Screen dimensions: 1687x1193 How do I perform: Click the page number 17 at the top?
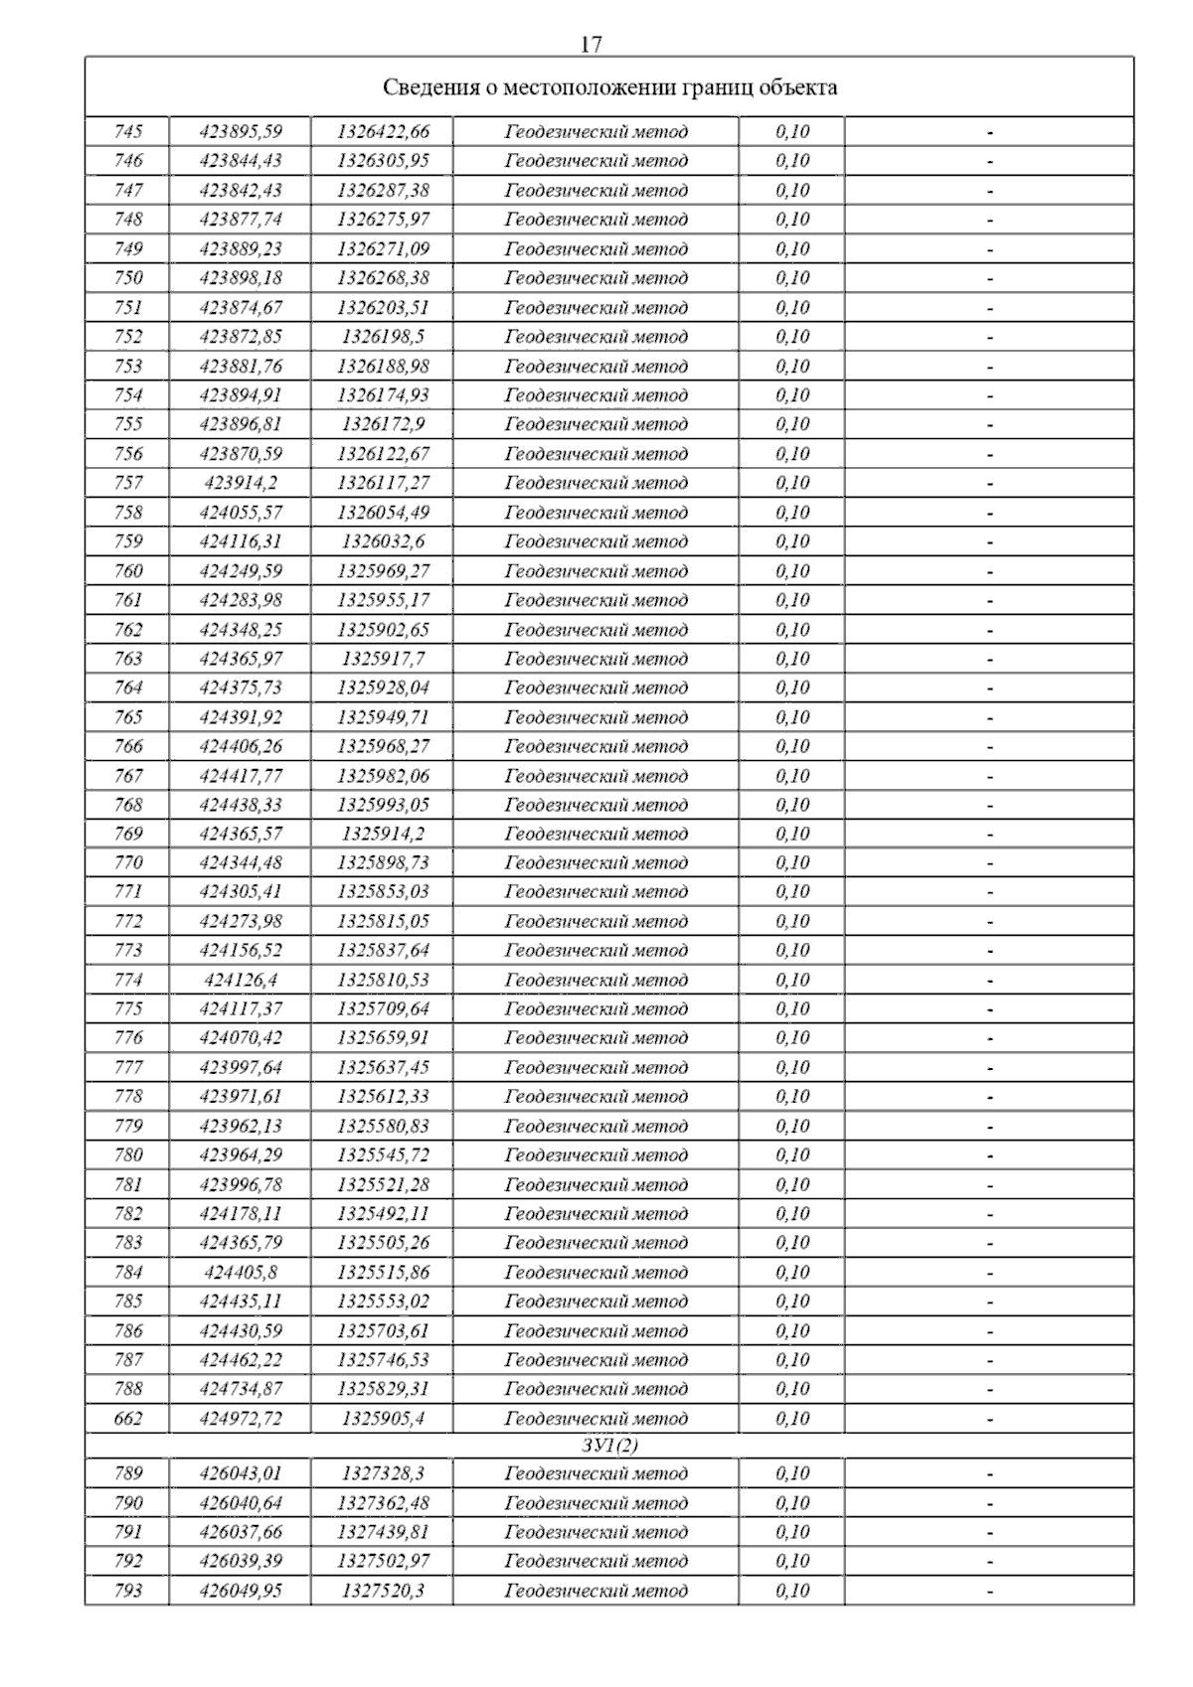click(x=591, y=45)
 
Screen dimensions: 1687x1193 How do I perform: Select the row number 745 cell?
click(x=128, y=132)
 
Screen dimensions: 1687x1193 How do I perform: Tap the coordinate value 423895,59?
click(x=241, y=132)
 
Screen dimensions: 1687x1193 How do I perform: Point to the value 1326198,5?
click(x=383, y=337)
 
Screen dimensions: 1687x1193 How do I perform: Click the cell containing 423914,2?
click(x=241, y=483)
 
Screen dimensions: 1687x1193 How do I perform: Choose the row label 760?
click(x=128, y=571)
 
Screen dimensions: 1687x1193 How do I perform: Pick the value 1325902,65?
click(x=383, y=630)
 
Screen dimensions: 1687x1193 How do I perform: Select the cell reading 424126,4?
click(x=241, y=981)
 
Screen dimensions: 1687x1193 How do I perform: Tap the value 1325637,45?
click(x=383, y=1068)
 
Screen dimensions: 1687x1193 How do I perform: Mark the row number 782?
click(x=128, y=1214)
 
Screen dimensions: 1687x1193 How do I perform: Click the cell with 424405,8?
click(x=241, y=1273)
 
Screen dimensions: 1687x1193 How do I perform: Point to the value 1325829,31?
click(x=383, y=1389)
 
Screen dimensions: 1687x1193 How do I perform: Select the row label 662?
click(x=128, y=1419)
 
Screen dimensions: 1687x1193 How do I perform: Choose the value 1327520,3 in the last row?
click(x=383, y=1591)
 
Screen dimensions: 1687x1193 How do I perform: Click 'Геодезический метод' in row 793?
click(x=596, y=1591)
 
